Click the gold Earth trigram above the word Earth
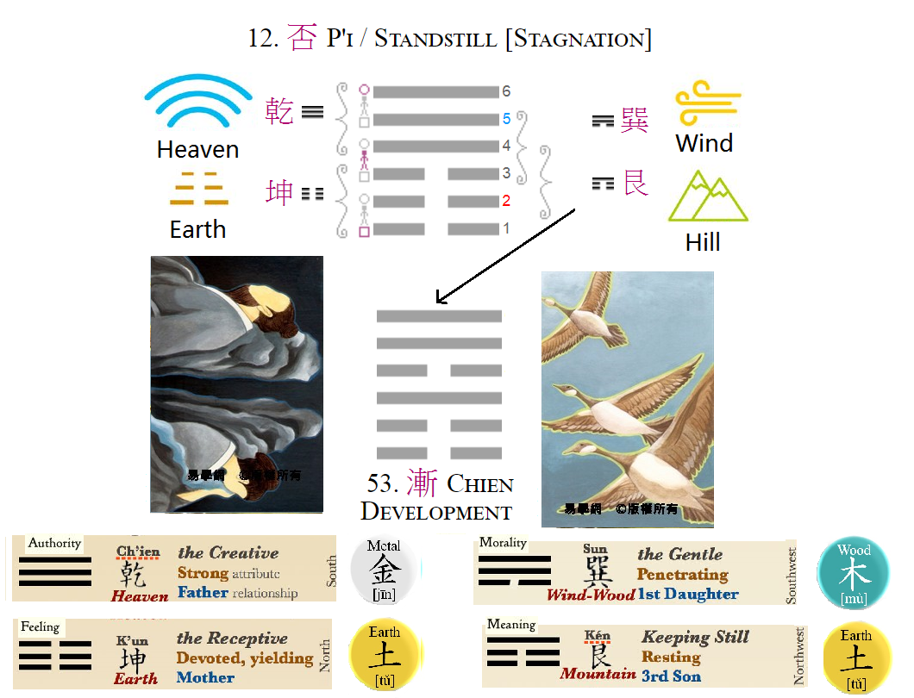[x=197, y=189]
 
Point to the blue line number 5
[x=507, y=119]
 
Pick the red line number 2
[x=507, y=201]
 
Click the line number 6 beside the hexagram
[x=507, y=91]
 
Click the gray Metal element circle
[x=384, y=570]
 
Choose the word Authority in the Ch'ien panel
[x=54, y=544]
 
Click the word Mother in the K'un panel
[x=205, y=677]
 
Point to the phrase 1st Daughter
[x=689, y=594]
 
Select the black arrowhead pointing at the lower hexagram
[x=441, y=299]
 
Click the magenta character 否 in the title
[x=302, y=39]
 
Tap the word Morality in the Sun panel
[x=503, y=543]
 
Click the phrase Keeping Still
[x=695, y=638]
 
